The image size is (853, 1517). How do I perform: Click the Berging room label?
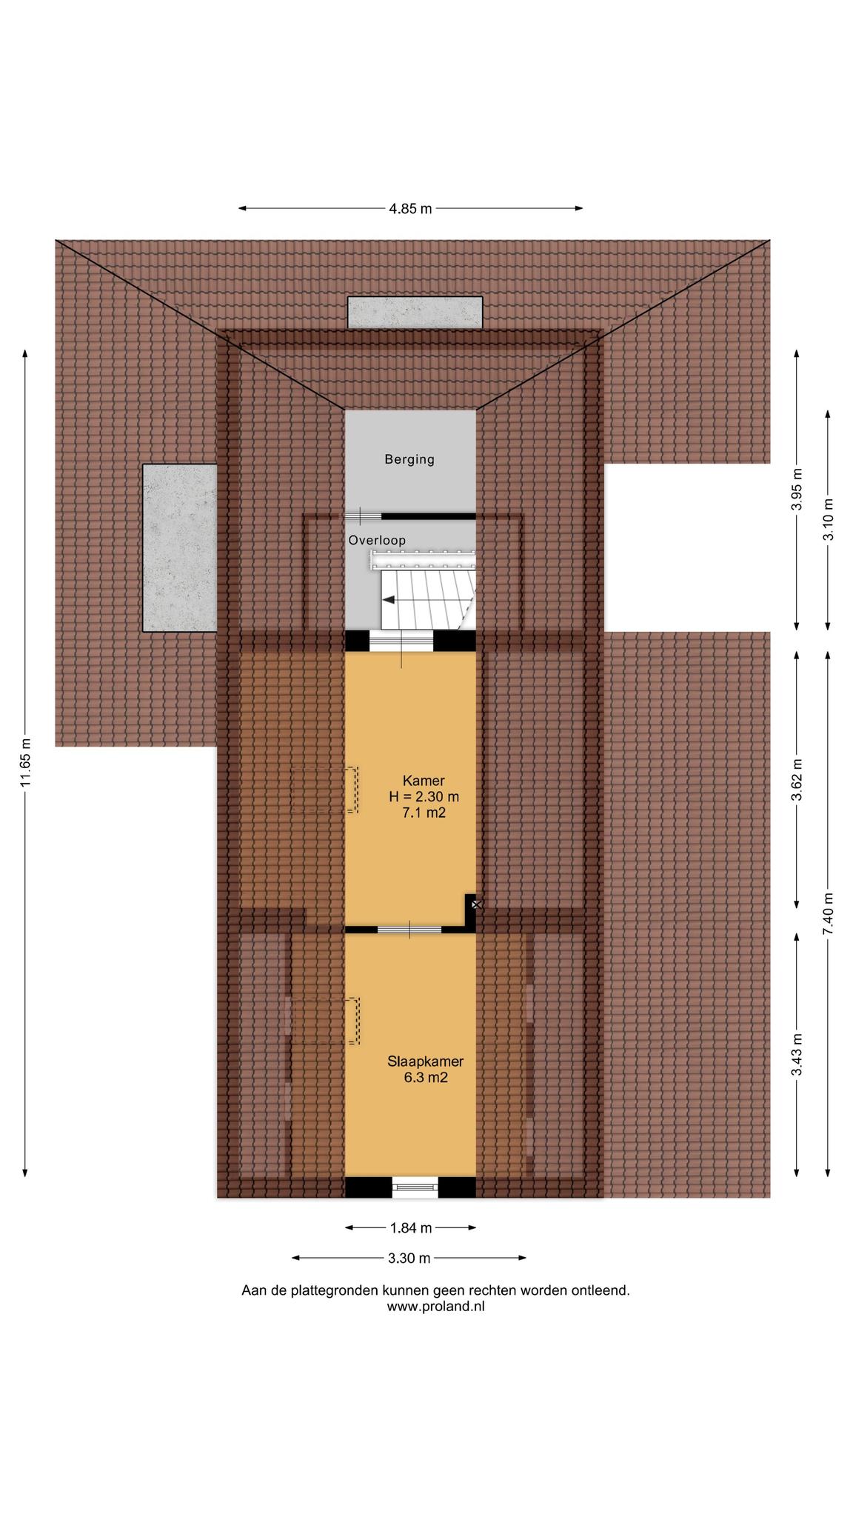click(x=409, y=459)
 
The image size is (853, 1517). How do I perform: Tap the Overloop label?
click(x=377, y=541)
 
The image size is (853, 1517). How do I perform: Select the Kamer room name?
click(x=424, y=781)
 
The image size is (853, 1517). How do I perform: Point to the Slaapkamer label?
click(x=426, y=1061)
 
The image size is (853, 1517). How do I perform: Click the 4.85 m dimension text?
click(x=410, y=209)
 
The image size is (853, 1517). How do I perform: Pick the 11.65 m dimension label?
click(x=25, y=762)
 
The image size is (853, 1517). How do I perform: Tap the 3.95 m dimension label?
click(x=797, y=490)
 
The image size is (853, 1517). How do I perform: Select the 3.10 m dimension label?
click(x=828, y=520)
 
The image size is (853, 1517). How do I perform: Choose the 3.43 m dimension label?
click(x=797, y=1055)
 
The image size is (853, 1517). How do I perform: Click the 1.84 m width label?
click(x=411, y=1228)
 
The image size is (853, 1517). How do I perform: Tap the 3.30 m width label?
click(x=409, y=1258)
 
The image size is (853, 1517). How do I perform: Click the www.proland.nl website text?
click(x=435, y=1307)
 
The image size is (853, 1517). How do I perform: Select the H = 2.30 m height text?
click(x=424, y=797)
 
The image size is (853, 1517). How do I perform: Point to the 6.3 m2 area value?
click(x=426, y=1078)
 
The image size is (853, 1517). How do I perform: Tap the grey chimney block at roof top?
click(x=415, y=313)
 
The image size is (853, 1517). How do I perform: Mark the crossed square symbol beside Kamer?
click(x=477, y=904)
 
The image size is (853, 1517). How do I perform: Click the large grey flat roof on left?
click(x=180, y=547)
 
